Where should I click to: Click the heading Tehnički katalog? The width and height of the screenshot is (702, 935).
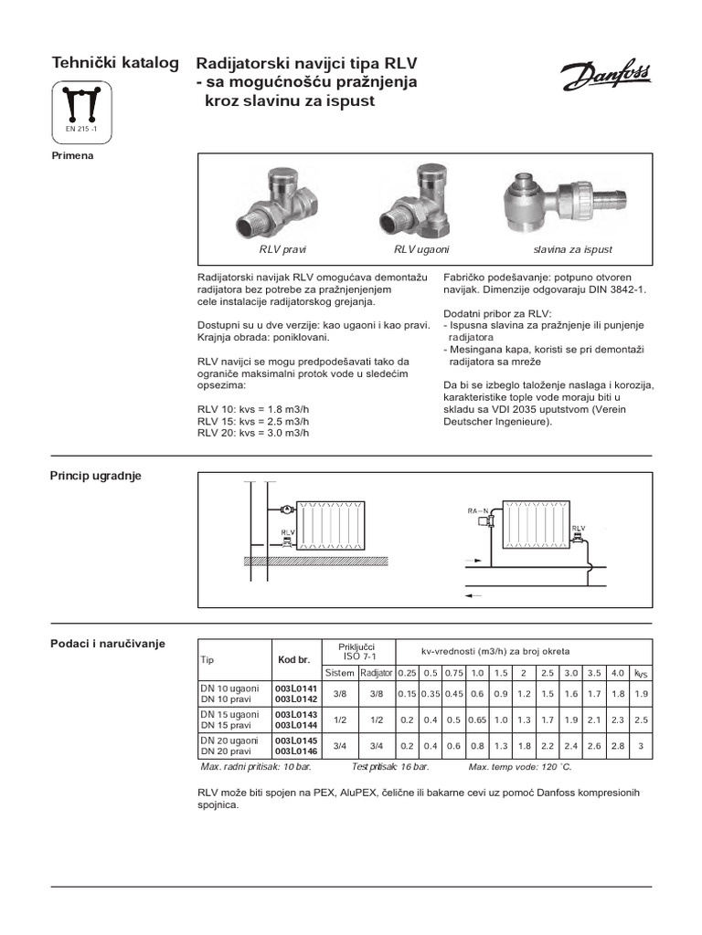tap(114, 63)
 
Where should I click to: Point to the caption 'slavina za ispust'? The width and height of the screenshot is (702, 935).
tap(572, 249)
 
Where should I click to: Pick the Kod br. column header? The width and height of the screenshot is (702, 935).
tap(294, 659)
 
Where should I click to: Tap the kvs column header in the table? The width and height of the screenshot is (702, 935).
tap(641, 673)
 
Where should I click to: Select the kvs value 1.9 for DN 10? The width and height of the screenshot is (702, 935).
tap(641, 693)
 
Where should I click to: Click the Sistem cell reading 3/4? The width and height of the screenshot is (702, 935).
tap(339, 745)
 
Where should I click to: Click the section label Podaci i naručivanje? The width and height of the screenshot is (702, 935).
tap(107, 644)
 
